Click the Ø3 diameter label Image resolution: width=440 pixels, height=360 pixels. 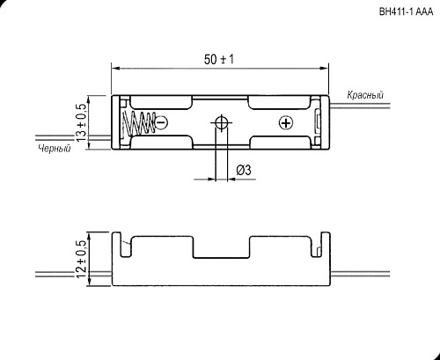coord(246,170)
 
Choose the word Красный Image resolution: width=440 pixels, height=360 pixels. coord(364,94)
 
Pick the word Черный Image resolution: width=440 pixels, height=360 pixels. coord(54,149)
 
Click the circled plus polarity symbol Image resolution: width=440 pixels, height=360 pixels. coord(284,122)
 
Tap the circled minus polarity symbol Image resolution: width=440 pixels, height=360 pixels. coord(161,122)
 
